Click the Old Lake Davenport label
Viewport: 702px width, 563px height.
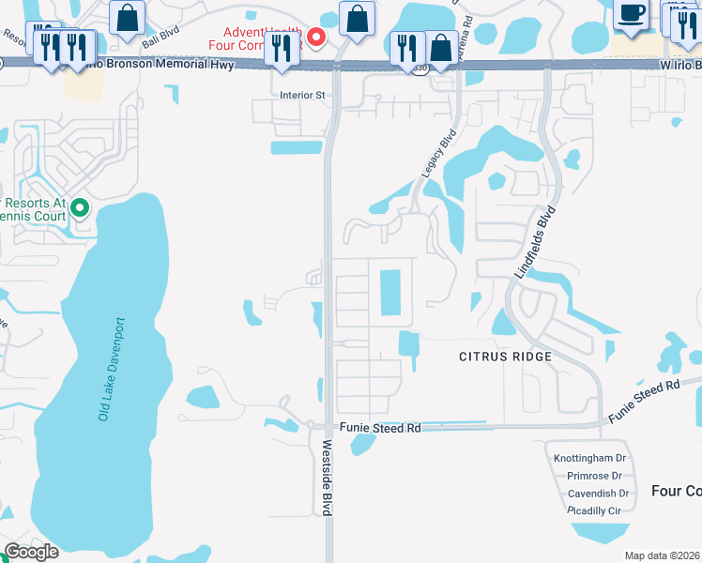[113, 369]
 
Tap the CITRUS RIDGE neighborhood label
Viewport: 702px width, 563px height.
[505, 357]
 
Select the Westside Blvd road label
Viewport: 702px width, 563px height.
[328, 478]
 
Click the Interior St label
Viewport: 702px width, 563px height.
[302, 95]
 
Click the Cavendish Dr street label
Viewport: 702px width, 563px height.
[597, 494]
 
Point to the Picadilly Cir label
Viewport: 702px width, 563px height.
[596, 510]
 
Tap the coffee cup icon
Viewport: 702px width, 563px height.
[631, 13]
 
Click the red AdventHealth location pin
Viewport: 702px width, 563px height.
[316, 38]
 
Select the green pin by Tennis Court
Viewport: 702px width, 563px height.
[80, 207]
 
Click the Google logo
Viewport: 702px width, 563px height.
[31, 552]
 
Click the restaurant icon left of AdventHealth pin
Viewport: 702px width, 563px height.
[281, 47]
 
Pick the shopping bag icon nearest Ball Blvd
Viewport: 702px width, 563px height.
[127, 17]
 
